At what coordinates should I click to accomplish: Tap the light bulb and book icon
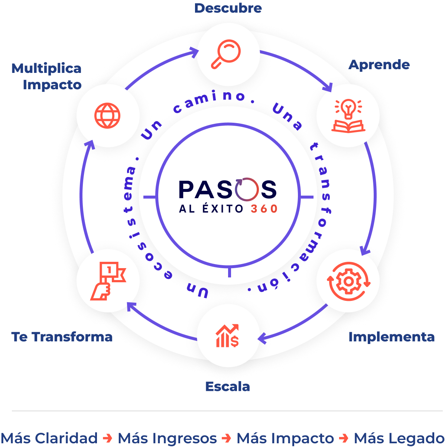348,116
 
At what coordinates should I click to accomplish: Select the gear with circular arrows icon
348,282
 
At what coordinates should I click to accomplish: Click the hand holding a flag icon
108,281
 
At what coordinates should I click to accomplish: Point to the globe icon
108,116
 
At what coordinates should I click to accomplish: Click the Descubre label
228,8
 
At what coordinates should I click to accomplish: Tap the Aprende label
379,65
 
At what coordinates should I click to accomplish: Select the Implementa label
392,337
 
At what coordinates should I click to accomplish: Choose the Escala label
227,387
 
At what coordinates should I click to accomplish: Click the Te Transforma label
62,337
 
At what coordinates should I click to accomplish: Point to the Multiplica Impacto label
47,76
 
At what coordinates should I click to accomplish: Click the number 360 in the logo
264,209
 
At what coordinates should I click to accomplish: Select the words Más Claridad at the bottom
49,438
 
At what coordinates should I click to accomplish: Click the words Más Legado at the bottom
399,438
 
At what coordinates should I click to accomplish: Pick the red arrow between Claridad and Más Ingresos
108,438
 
